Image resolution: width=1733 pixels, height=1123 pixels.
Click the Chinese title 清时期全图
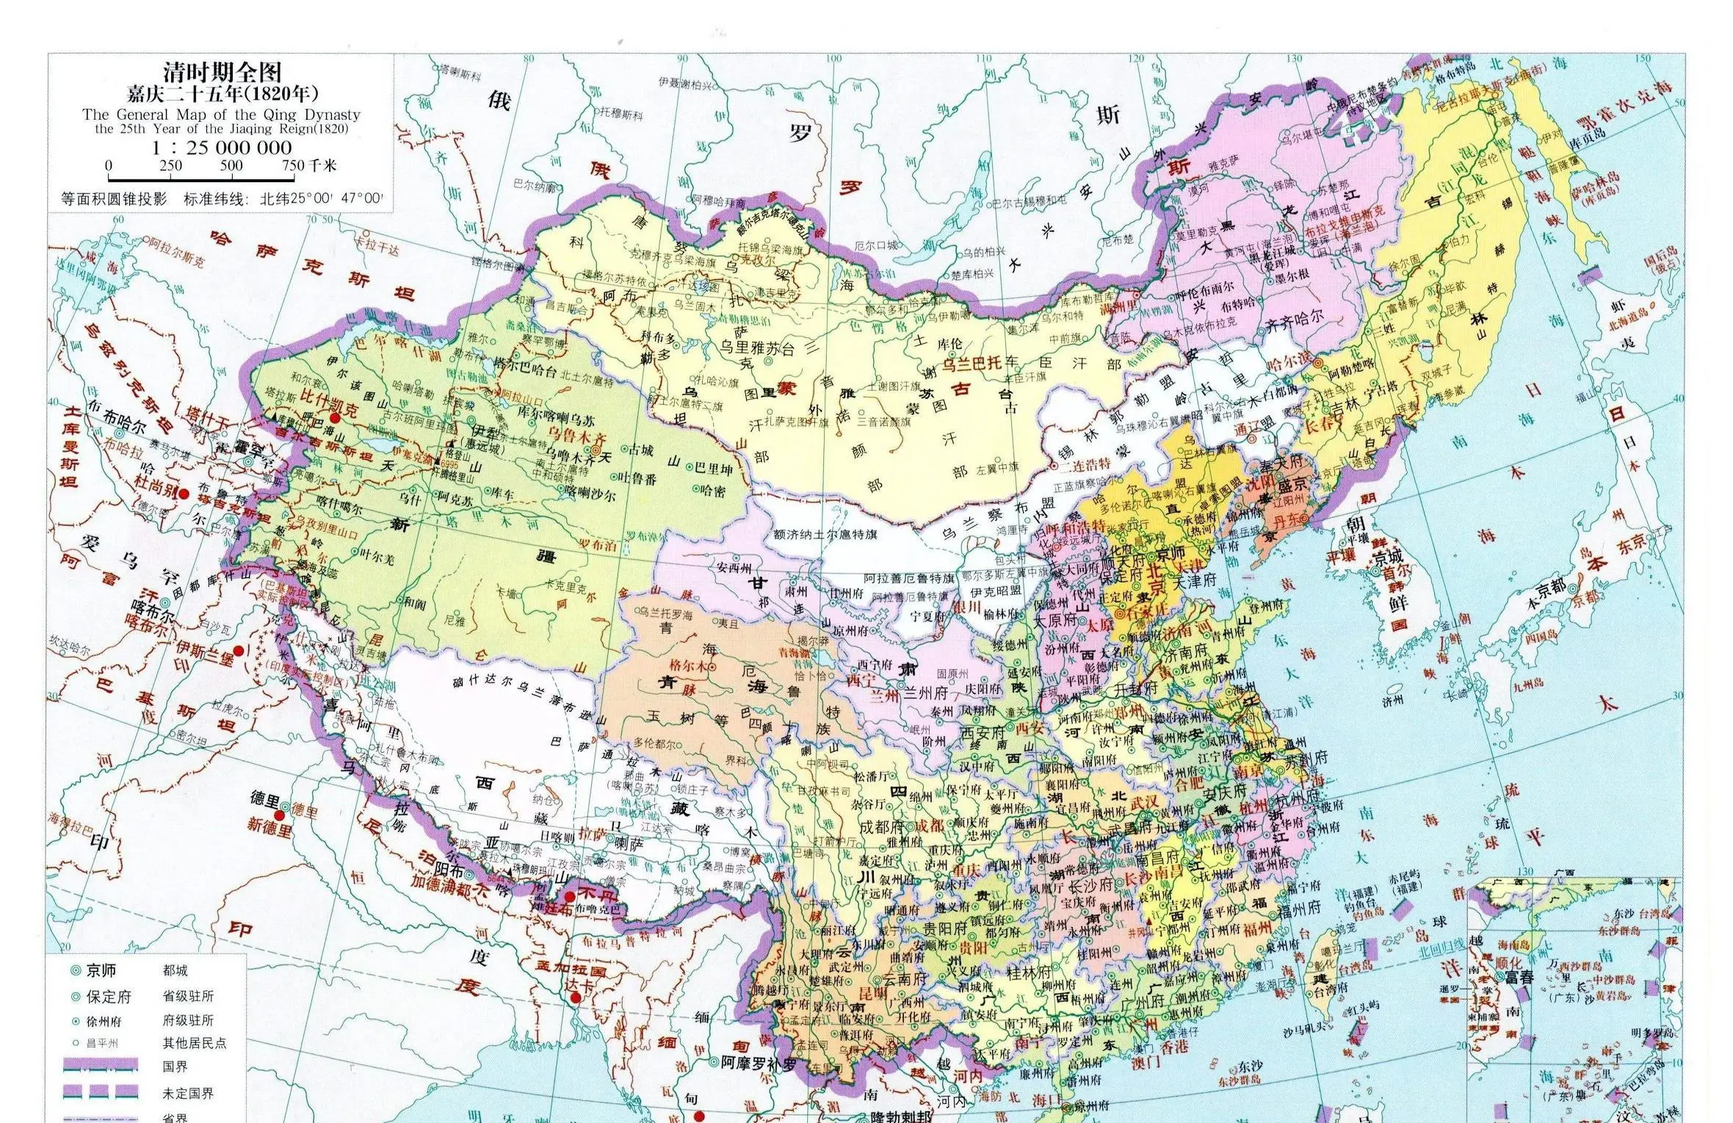pyautogui.click(x=221, y=73)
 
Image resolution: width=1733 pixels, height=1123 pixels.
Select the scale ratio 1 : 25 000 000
pyautogui.click(x=221, y=147)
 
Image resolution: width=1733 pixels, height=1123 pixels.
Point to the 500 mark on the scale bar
pyautogui.click(x=231, y=165)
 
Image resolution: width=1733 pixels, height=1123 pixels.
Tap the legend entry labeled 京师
pyautogui.click(x=101, y=970)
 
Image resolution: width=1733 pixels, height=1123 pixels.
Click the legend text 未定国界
pyautogui.click(x=188, y=1094)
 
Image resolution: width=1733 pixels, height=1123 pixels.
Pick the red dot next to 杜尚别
pyautogui.click(x=184, y=494)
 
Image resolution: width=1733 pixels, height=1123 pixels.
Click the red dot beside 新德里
pyautogui.click(x=280, y=816)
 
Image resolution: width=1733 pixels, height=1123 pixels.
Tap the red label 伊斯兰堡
pyautogui.click(x=205, y=651)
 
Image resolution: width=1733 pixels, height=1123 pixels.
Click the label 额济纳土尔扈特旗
pyautogui.click(x=825, y=535)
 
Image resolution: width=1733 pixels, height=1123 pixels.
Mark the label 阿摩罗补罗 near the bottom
pyautogui.click(x=759, y=1061)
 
